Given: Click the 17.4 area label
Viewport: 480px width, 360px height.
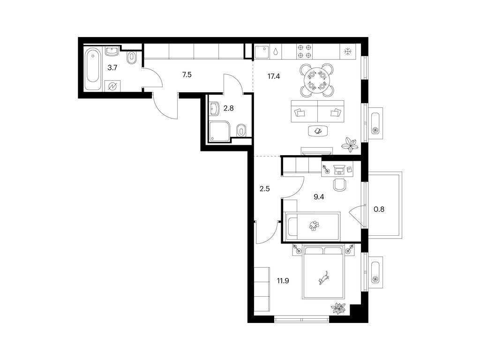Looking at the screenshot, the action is [x=274, y=76].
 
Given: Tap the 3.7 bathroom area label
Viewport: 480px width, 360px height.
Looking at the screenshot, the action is [x=112, y=67].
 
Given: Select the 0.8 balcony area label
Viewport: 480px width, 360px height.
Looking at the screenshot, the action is [x=379, y=210].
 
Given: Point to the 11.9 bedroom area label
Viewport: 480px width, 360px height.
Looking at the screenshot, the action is [x=283, y=281].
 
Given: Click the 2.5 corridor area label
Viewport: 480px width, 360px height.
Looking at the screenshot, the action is [x=264, y=189].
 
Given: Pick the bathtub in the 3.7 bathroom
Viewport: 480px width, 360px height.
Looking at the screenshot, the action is [x=92, y=69].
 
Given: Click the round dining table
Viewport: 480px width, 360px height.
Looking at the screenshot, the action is [x=317, y=80].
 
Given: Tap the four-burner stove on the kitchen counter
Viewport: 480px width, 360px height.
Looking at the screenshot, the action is [x=305, y=51].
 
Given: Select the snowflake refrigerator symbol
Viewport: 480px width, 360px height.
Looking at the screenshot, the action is [x=348, y=52].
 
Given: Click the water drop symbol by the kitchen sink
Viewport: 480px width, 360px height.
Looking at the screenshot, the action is [x=276, y=52].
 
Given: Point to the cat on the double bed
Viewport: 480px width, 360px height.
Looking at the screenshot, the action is [x=324, y=277].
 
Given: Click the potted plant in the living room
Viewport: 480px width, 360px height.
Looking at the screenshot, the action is [x=350, y=144].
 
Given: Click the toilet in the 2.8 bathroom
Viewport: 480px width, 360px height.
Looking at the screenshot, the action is [x=241, y=131].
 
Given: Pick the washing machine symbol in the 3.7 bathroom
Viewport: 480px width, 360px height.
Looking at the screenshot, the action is [x=112, y=86].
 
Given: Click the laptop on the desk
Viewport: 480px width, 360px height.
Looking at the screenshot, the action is [x=338, y=169].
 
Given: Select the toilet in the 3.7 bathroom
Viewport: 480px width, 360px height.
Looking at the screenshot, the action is [x=132, y=57].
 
